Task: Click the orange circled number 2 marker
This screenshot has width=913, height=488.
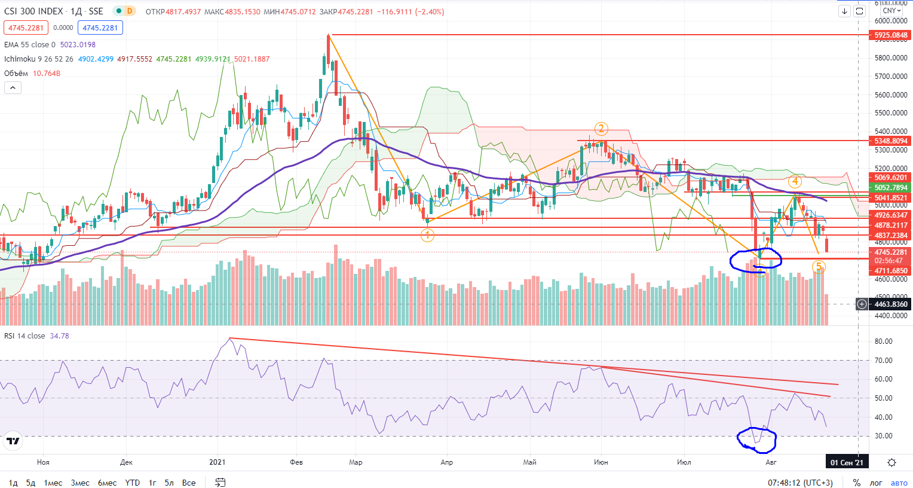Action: click(601, 129)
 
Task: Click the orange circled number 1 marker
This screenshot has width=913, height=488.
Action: click(427, 236)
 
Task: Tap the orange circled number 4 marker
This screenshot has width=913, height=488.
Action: click(794, 181)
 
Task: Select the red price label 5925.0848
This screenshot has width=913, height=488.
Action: click(890, 35)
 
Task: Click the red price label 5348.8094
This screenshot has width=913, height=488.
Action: click(890, 141)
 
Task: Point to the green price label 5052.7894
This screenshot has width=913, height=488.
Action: click(890, 188)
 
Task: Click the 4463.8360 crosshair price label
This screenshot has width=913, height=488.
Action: click(890, 304)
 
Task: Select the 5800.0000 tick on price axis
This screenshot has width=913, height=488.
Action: click(890, 58)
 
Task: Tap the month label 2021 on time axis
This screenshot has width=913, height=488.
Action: click(217, 462)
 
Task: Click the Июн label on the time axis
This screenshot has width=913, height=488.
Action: click(601, 462)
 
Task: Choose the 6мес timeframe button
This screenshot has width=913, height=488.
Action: click(107, 483)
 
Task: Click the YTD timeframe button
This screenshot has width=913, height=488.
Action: click(132, 483)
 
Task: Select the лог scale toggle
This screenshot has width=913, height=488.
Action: click(875, 483)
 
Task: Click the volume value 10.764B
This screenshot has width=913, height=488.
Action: click(47, 74)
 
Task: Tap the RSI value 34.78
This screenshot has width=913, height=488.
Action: click(59, 336)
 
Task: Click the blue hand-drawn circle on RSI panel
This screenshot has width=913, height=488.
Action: click(756, 440)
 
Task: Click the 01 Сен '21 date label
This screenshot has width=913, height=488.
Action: click(847, 462)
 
